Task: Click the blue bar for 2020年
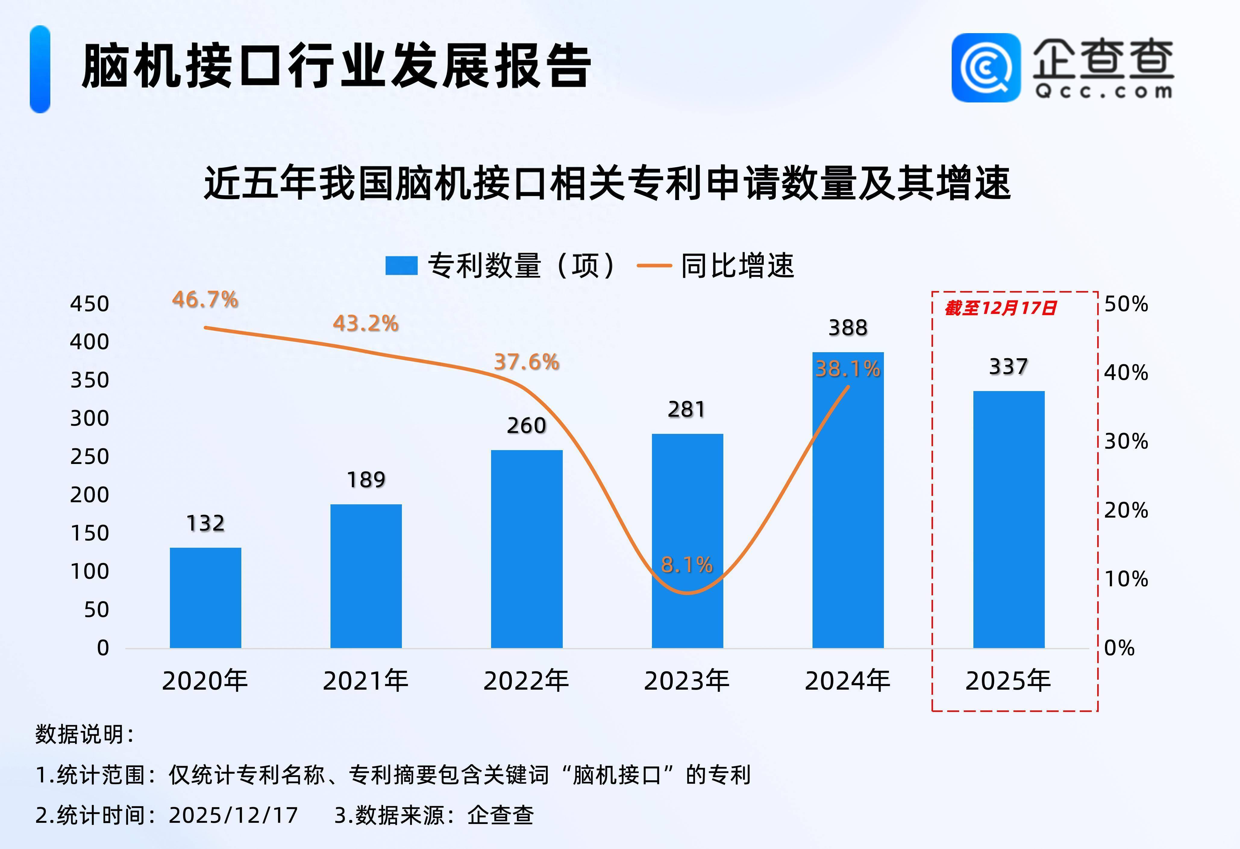(x=205, y=598)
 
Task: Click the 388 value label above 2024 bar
(x=848, y=328)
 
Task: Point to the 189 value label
(x=366, y=480)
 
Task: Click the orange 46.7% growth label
(x=205, y=299)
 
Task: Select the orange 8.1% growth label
(x=687, y=565)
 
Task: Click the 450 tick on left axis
(x=90, y=304)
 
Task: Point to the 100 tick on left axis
(x=90, y=572)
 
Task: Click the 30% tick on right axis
(x=1126, y=441)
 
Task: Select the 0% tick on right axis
(x=1119, y=648)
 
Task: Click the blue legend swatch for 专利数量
(x=401, y=265)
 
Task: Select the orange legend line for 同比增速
(x=654, y=265)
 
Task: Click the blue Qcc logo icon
(x=986, y=68)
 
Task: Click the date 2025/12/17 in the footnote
(x=233, y=815)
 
